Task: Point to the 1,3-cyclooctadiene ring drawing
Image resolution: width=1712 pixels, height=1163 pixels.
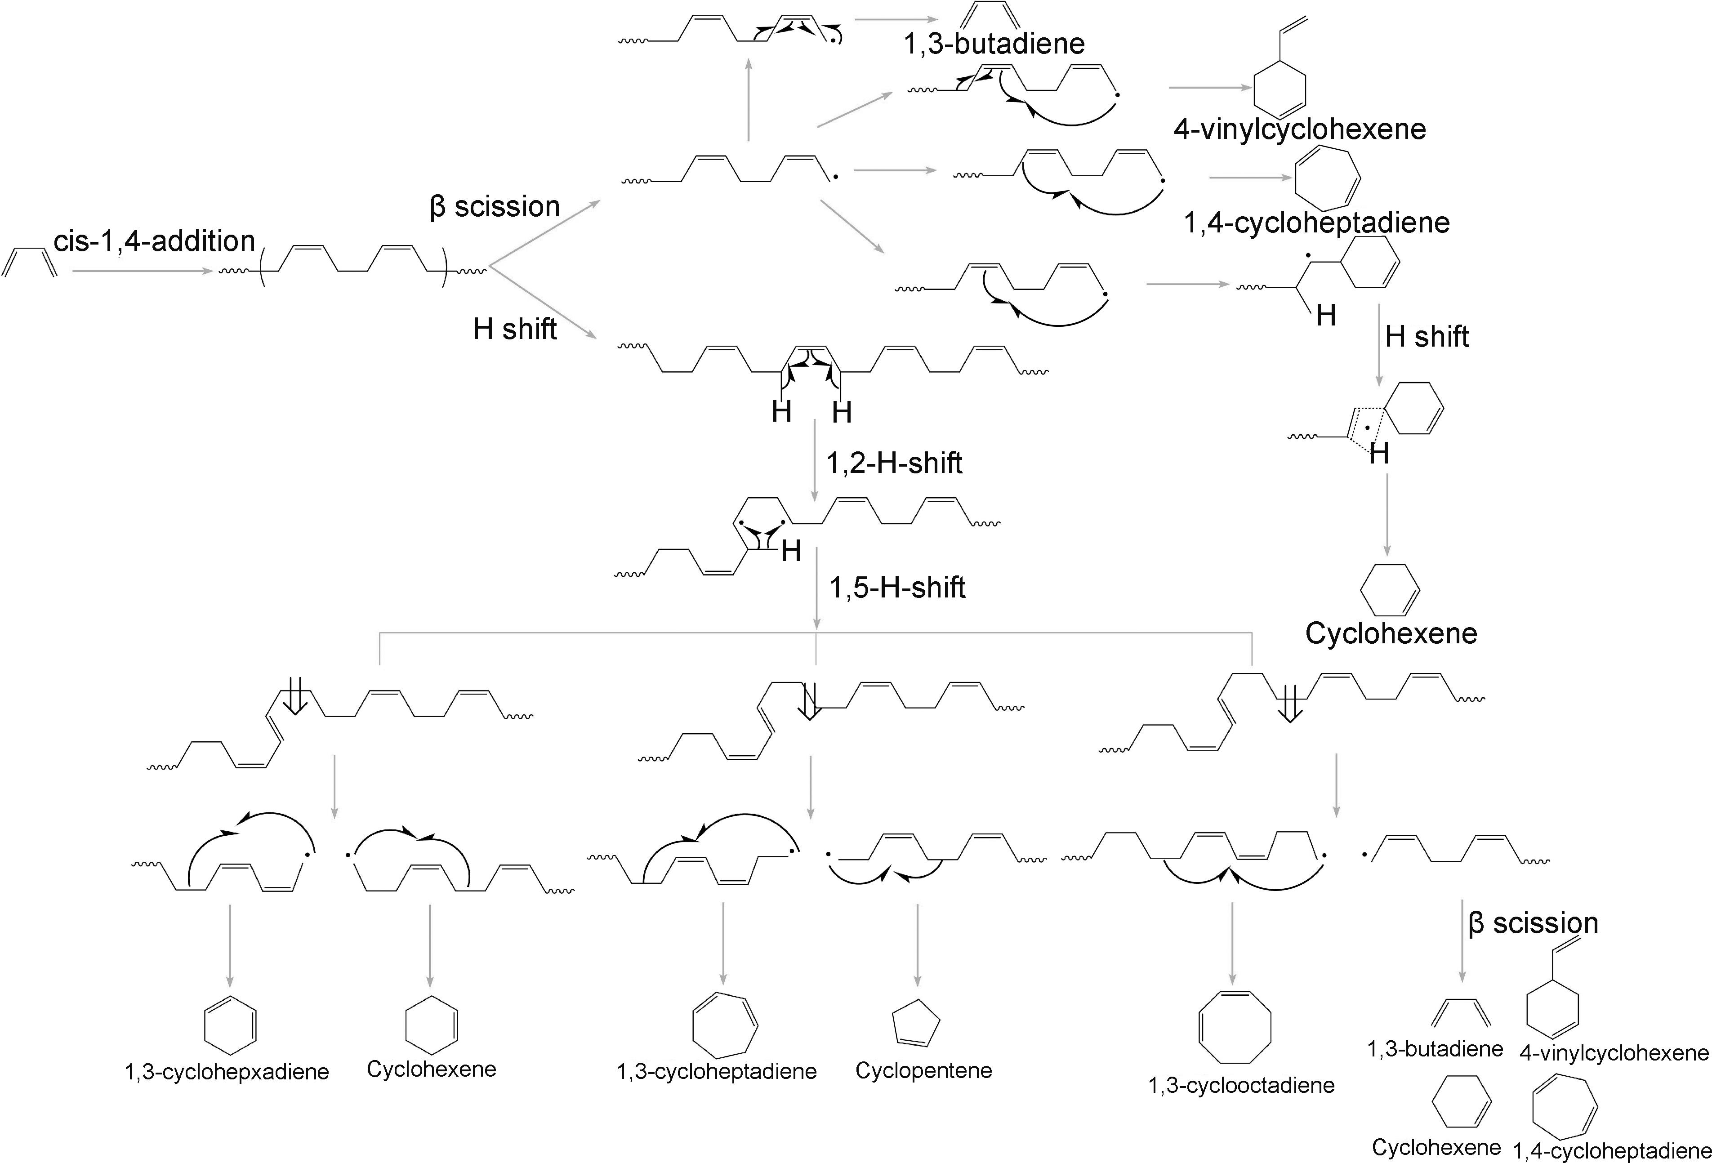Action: pyautogui.click(x=1235, y=1026)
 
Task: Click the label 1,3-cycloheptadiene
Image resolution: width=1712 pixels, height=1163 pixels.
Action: pyautogui.click(x=717, y=1071)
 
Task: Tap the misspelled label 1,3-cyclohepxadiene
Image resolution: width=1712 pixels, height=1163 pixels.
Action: pyautogui.click(x=227, y=1072)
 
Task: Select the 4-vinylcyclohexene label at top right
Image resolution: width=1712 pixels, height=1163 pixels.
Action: pyautogui.click(x=1299, y=129)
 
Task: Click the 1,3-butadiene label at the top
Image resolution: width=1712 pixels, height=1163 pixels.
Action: pyautogui.click(x=994, y=44)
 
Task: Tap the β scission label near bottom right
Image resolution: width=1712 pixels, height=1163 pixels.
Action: pyautogui.click(x=1533, y=923)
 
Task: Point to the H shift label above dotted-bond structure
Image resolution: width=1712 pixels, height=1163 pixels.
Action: pyautogui.click(x=1427, y=337)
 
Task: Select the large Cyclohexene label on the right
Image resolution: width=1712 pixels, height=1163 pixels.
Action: pyautogui.click(x=1391, y=633)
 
